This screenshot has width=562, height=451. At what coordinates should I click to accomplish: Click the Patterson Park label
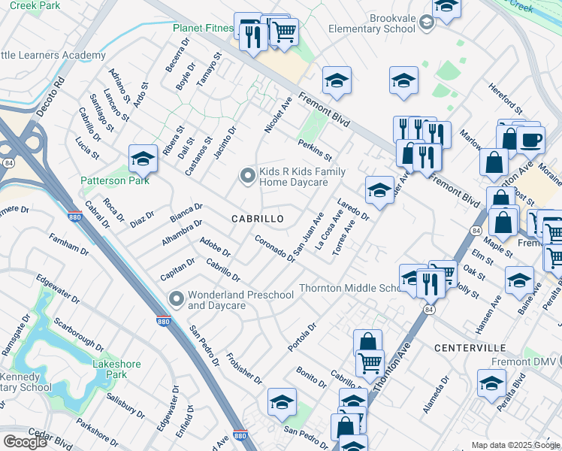click(x=115, y=180)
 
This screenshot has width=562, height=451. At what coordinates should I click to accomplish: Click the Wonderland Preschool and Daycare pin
click(x=177, y=299)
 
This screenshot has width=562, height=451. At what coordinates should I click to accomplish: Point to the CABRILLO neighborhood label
click(x=257, y=219)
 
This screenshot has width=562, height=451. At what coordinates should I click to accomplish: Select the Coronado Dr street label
click(x=273, y=247)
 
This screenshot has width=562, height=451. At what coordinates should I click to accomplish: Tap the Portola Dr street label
click(x=303, y=337)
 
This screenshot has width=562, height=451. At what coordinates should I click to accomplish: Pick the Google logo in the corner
click(x=25, y=442)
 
